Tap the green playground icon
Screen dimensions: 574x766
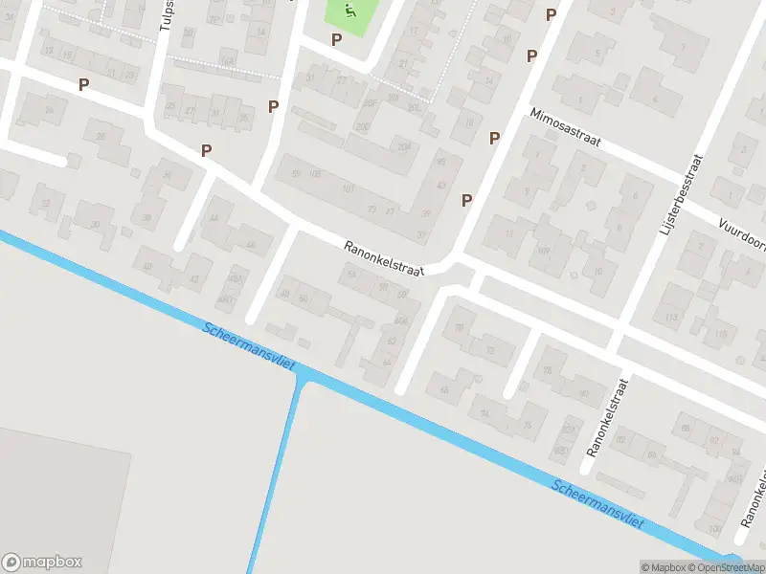(348, 11)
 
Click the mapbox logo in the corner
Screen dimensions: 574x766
(42, 563)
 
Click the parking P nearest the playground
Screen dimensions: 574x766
(336, 39)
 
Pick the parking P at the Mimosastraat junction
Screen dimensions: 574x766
(494, 138)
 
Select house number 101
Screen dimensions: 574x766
(348, 189)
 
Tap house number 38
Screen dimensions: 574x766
(146, 218)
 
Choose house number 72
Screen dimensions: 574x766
(490, 351)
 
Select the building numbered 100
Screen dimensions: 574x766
(713, 527)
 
